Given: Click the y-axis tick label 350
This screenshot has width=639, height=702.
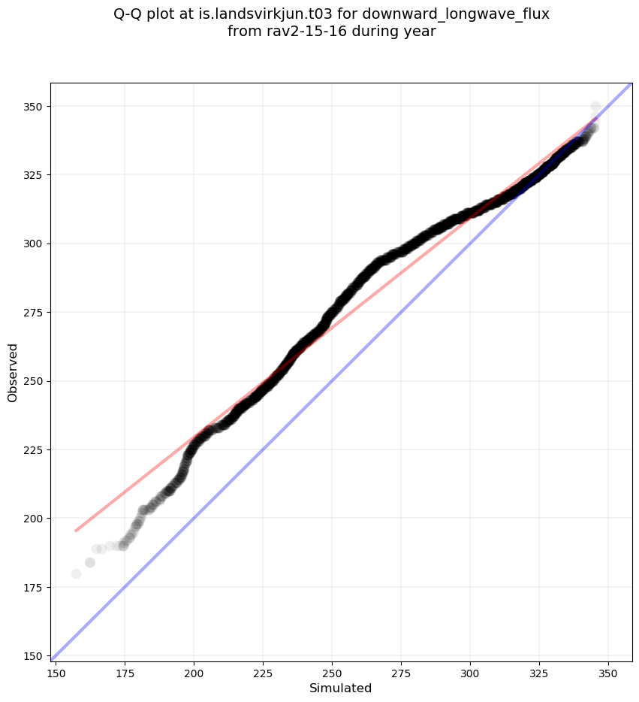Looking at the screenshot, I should click(x=35, y=107).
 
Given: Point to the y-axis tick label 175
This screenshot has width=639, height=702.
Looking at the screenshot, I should click(x=35, y=587).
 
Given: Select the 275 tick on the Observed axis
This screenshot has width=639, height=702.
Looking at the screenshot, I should click(x=35, y=313).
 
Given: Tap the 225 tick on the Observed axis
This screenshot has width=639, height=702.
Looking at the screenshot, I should click(x=35, y=449).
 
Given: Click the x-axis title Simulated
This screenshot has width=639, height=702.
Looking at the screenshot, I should click(x=341, y=688).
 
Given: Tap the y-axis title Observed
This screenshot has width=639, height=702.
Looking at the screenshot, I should click(x=13, y=372).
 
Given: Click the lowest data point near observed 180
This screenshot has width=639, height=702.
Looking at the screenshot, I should click(x=76, y=573).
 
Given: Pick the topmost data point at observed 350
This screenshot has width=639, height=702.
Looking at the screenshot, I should click(x=595, y=107).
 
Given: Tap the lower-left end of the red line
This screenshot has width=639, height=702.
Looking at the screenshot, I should click(x=76, y=531).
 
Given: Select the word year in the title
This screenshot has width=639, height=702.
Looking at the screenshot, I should click(x=420, y=32).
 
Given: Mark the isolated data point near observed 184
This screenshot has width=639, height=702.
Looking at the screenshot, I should click(x=90, y=562).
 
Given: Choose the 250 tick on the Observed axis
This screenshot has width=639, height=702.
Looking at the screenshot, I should click(x=35, y=381).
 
